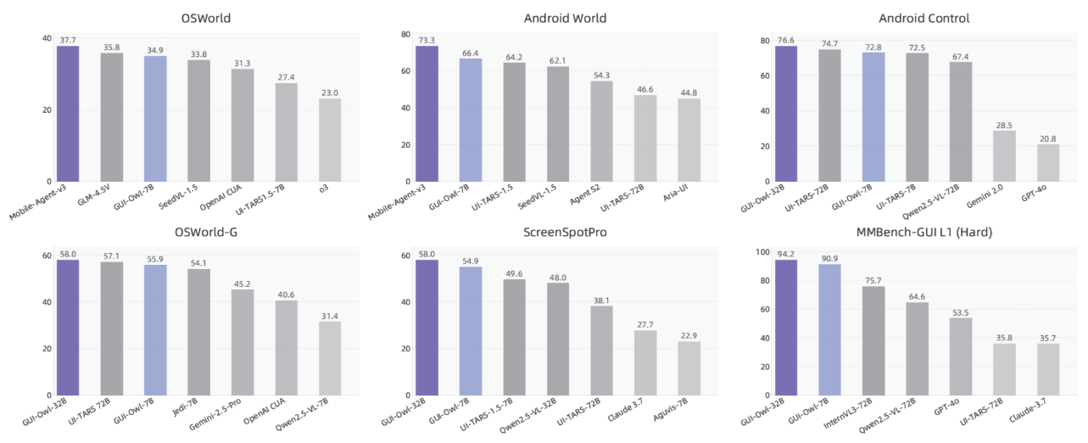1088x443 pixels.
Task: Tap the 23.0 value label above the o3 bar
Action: coord(330,92)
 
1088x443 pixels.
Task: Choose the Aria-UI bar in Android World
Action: coord(689,139)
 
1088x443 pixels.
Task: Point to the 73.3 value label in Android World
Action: coord(427,39)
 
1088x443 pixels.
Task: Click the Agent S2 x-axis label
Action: coord(590,199)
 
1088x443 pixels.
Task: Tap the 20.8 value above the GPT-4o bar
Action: coord(1047,138)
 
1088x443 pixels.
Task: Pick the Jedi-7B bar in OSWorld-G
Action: coord(198,332)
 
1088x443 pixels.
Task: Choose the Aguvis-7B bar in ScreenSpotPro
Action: coord(689,368)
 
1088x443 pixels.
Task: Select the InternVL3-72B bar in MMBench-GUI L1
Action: coord(873,340)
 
